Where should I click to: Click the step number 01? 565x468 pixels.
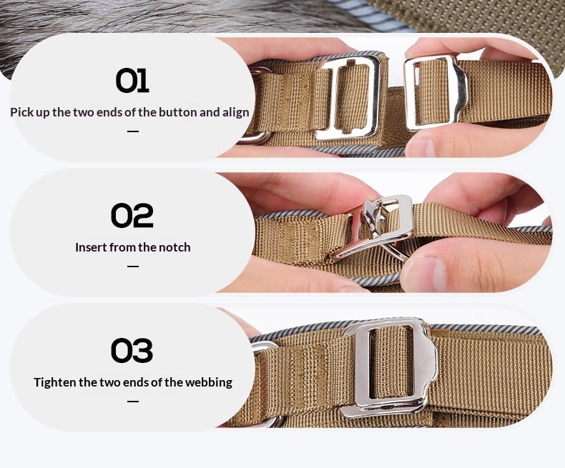132,80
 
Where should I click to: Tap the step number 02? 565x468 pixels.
132,215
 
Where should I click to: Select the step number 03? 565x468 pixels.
132,350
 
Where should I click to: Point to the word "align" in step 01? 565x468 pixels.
234,112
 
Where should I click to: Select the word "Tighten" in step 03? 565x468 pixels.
55,382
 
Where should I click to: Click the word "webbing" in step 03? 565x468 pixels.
209,382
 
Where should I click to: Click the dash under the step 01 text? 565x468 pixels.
132,131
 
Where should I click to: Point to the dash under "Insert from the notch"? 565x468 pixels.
132,267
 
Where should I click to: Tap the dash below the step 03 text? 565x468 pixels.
132,402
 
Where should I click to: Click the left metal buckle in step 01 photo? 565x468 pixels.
348,96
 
